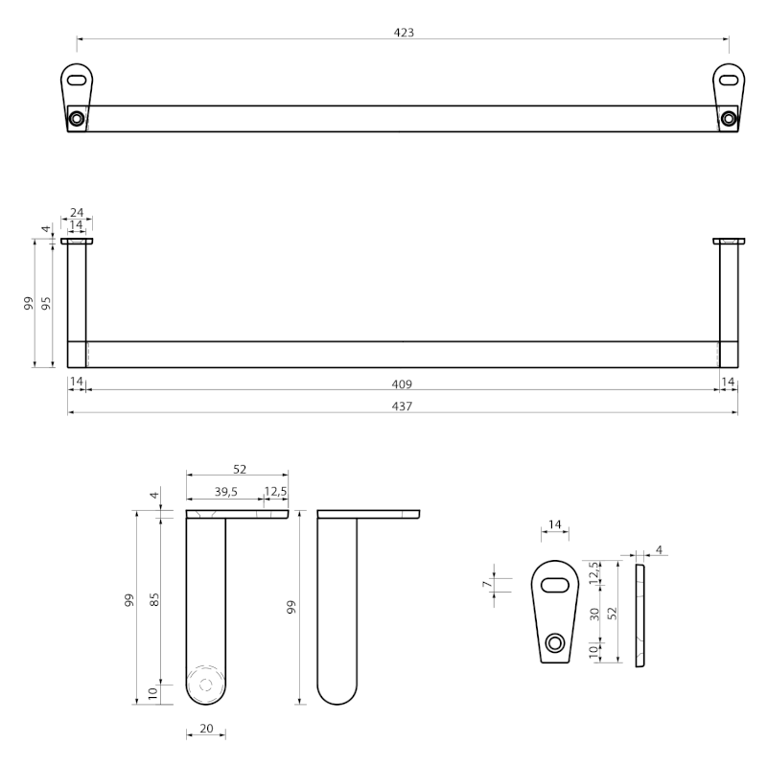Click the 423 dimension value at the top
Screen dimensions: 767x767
click(x=404, y=33)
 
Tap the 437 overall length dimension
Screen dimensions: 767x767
click(x=402, y=406)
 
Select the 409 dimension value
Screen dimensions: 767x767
click(x=402, y=384)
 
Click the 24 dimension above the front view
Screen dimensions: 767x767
click(x=77, y=212)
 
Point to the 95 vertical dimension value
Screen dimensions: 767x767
click(x=46, y=303)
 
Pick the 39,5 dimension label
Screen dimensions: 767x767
click(x=226, y=492)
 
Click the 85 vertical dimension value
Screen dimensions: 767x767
click(x=154, y=600)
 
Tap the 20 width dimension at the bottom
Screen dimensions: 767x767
click(x=206, y=729)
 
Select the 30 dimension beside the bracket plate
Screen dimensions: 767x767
click(x=594, y=615)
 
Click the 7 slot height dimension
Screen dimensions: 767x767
click(x=486, y=584)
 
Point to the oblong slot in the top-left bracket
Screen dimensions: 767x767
click(x=77, y=80)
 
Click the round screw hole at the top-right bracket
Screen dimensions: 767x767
click(x=729, y=118)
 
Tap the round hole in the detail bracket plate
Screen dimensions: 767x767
click(x=555, y=642)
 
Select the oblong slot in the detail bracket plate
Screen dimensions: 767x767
click(x=555, y=585)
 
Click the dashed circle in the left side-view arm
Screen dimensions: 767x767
click(x=206, y=685)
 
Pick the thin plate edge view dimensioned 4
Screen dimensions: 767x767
click(x=639, y=616)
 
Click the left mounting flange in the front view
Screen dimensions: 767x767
click(x=77, y=241)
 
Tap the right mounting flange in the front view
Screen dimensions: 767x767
click(x=729, y=241)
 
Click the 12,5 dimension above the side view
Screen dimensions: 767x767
click(x=276, y=491)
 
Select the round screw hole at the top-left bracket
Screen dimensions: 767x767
click(x=77, y=118)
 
